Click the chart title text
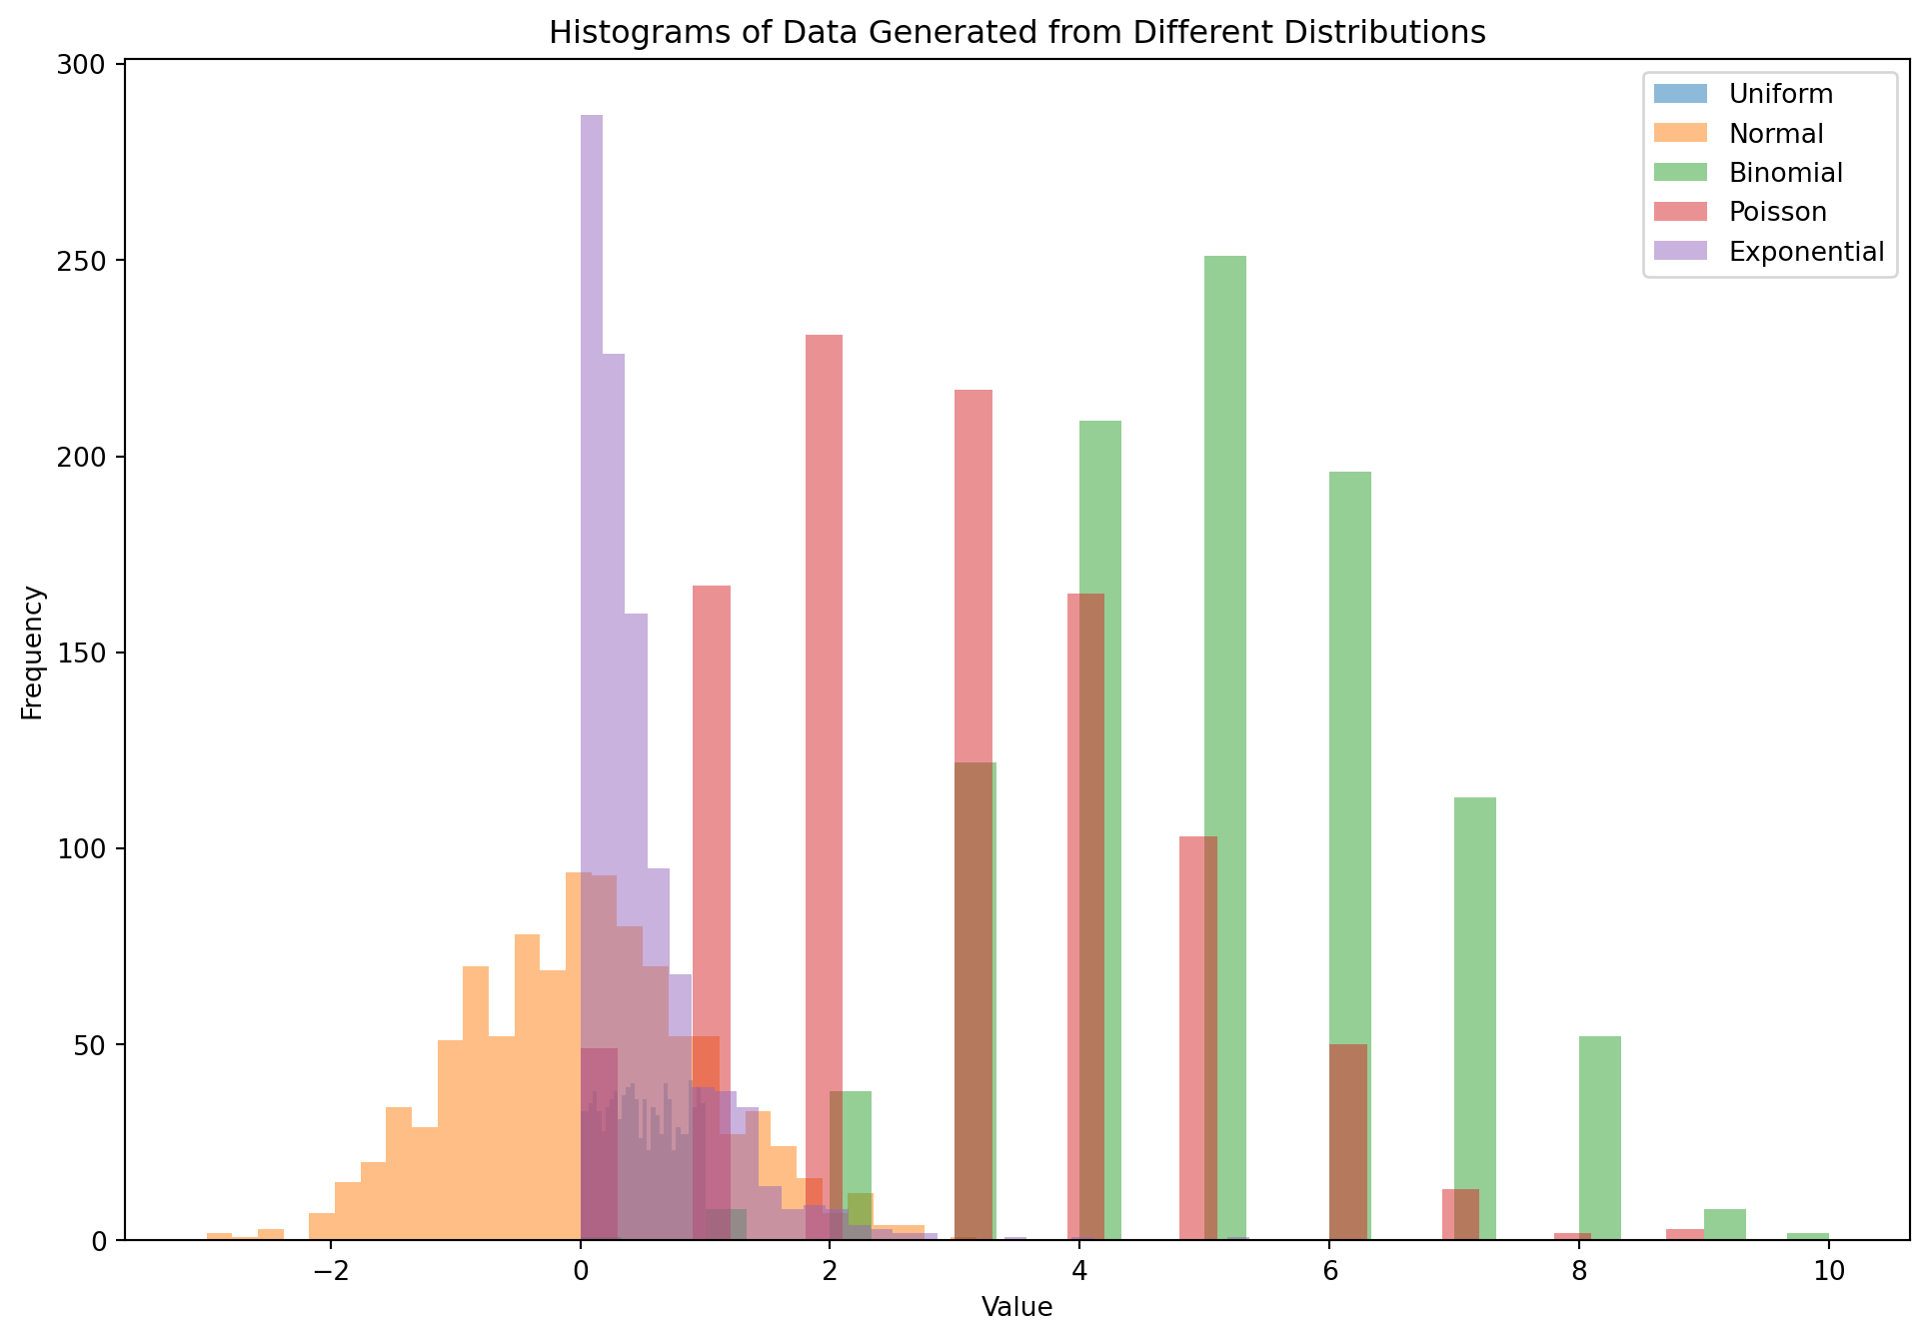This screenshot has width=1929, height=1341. [1016, 33]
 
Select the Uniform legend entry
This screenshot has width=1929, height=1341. [1780, 94]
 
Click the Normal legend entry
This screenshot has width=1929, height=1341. [1776, 134]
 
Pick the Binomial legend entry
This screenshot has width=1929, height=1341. [1785, 173]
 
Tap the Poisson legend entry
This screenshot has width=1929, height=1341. [1777, 212]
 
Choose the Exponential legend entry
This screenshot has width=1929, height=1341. [1806, 251]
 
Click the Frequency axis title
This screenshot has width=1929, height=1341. [32, 652]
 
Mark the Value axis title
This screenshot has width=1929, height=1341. [1016, 1306]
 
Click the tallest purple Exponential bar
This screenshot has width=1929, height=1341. [592, 500]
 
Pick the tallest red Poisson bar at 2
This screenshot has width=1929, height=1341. [824, 699]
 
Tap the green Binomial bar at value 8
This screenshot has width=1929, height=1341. [1599, 1139]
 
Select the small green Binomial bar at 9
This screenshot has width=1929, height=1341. [1725, 1225]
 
